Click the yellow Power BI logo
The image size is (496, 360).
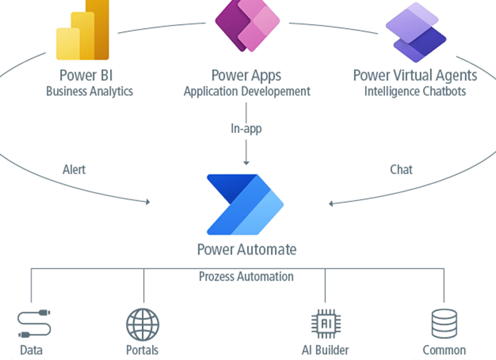click(83, 32)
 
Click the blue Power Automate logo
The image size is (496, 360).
click(245, 204)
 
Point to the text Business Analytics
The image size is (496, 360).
click(90, 91)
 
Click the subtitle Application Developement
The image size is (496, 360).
click(247, 91)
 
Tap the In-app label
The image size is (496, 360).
click(246, 128)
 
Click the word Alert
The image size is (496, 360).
click(74, 169)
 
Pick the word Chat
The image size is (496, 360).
click(401, 169)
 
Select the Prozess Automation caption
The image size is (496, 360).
click(246, 277)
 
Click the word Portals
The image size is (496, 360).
click(143, 350)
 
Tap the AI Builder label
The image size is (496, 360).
click(324, 350)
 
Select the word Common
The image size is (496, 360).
click(444, 350)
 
